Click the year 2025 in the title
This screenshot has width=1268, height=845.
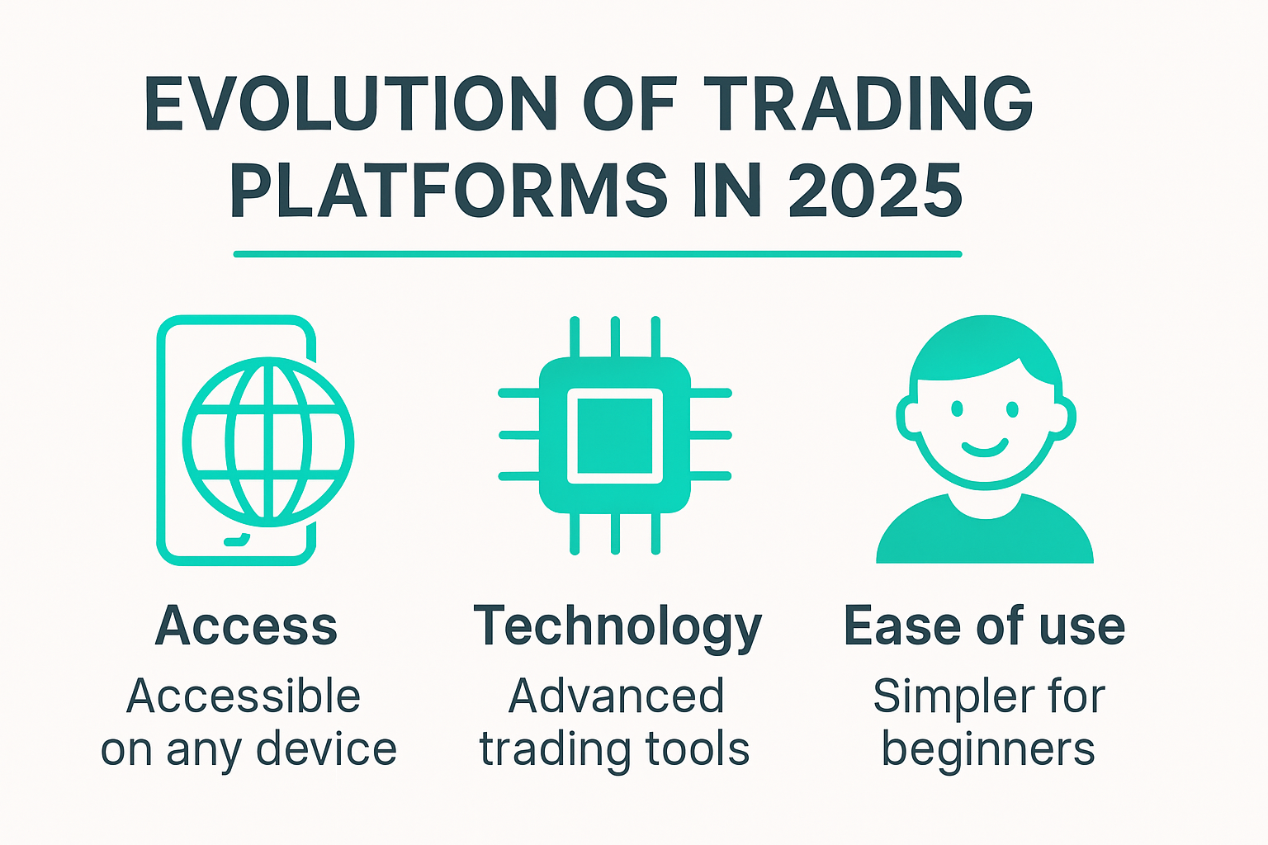[x=874, y=191]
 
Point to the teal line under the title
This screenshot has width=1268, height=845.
[x=598, y=254]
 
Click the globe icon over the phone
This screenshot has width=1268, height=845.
[x=267, y=442]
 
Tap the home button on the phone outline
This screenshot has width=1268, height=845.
[x=237, y=541]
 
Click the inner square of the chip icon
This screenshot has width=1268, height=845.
[x=615, y=435]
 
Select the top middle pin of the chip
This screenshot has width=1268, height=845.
[x=615, y=337]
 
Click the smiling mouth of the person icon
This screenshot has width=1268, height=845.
[x=985, y=448]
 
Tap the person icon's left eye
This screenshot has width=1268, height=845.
[x=957, y=408]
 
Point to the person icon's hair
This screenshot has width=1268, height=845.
[x=982, y=347]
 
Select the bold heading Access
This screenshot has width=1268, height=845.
[x=246, y=626]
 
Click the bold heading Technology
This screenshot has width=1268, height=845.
[x=617, y=628]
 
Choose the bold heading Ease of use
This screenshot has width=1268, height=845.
[x=984, y=626]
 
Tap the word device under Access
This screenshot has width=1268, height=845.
[x=326, y=749]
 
